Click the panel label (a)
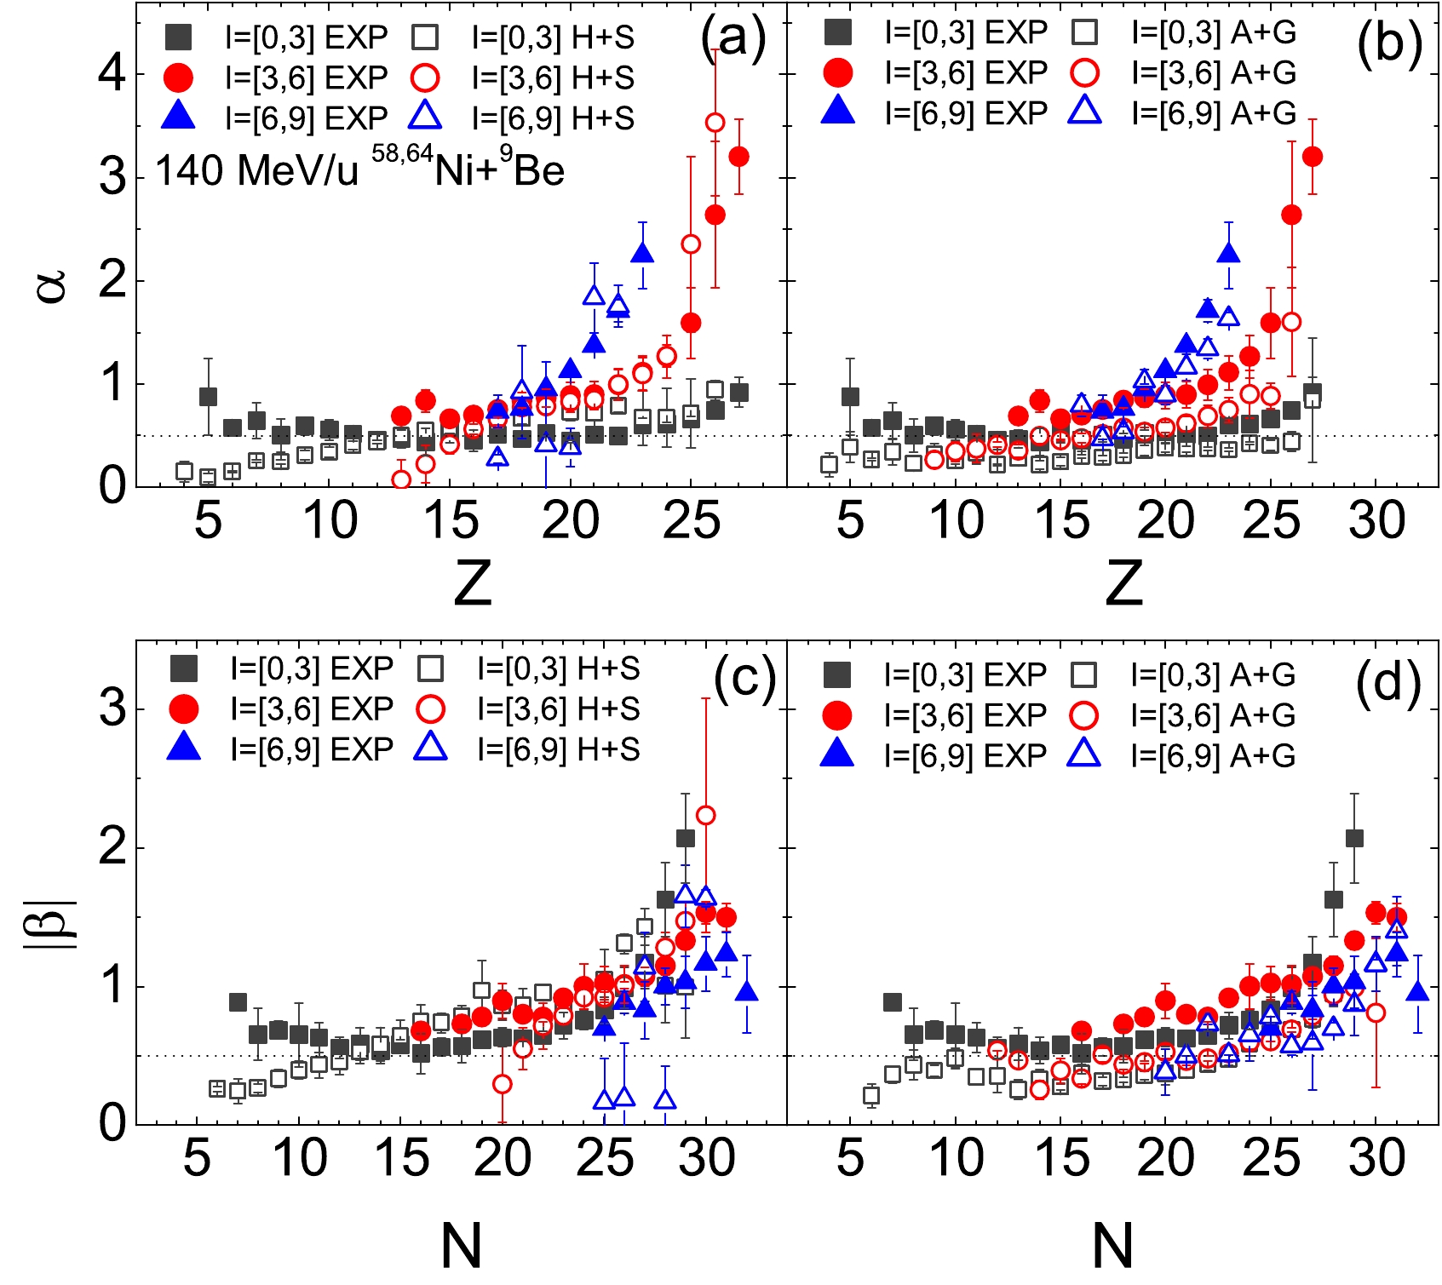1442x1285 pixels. click(x=733, y=39)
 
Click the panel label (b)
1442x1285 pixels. click(x=1389, y=43)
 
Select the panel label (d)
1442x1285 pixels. click(x=1388, y=684)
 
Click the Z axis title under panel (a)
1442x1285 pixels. click(x=473, y=583)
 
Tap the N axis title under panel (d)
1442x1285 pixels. click(x=1112, y=1245)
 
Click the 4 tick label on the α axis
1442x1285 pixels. click(x=112, y=74)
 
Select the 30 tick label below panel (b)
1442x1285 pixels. click(x=1376, y=520)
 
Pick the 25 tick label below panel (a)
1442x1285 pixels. click(x=692, y=520)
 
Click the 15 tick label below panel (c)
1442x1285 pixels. click(x=401, y=1158)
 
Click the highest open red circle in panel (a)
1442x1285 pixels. click(x=715, y=123)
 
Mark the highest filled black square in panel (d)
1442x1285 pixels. click(x=1354, y=839)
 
